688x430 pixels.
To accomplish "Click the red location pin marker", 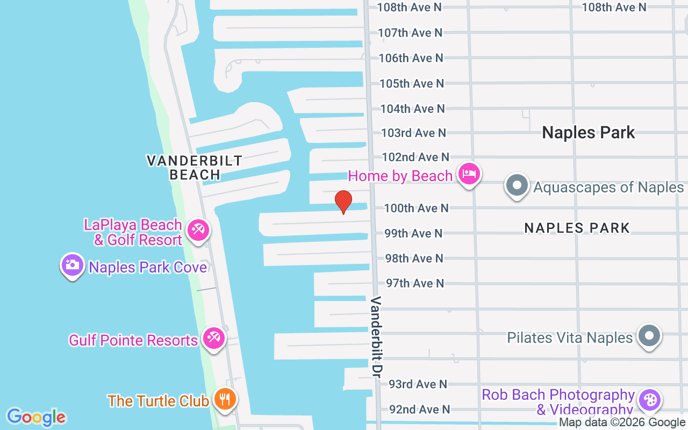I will (x=343, y=202).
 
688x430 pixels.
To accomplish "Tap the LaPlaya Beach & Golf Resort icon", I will (x=198, y=231).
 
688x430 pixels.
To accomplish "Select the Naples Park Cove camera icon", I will (x=72, y=265).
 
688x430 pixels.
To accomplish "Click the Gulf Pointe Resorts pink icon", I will (x=213, y=339).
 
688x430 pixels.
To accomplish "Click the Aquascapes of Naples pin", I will (x=517, y=185).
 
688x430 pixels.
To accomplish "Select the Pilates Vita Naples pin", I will (x=649, y=336).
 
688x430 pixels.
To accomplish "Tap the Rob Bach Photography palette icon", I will (x=650, y=400).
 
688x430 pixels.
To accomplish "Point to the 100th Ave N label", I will (x=416, y=208).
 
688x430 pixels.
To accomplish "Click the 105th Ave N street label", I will (x=412, y=83).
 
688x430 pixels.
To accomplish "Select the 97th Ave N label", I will (x=415, y=283).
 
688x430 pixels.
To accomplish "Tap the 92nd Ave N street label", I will (x=419, y=410).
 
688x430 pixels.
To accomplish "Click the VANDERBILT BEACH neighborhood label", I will (x=195, y=167).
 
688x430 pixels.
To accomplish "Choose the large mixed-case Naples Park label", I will (x=589, y=133).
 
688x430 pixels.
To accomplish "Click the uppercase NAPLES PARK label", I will (x=577, y=228).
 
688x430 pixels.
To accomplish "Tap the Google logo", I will (x=36, y=417).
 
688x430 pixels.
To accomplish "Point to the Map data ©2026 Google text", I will (x=622, y=422).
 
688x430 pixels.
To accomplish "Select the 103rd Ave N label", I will (x=413, y=133).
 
